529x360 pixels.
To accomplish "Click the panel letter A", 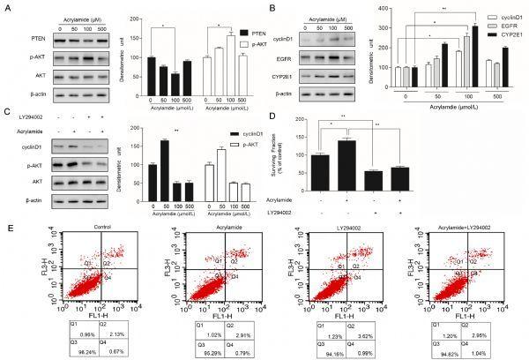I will pos(7,7).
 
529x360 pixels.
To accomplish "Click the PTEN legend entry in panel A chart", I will pos(230,27).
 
